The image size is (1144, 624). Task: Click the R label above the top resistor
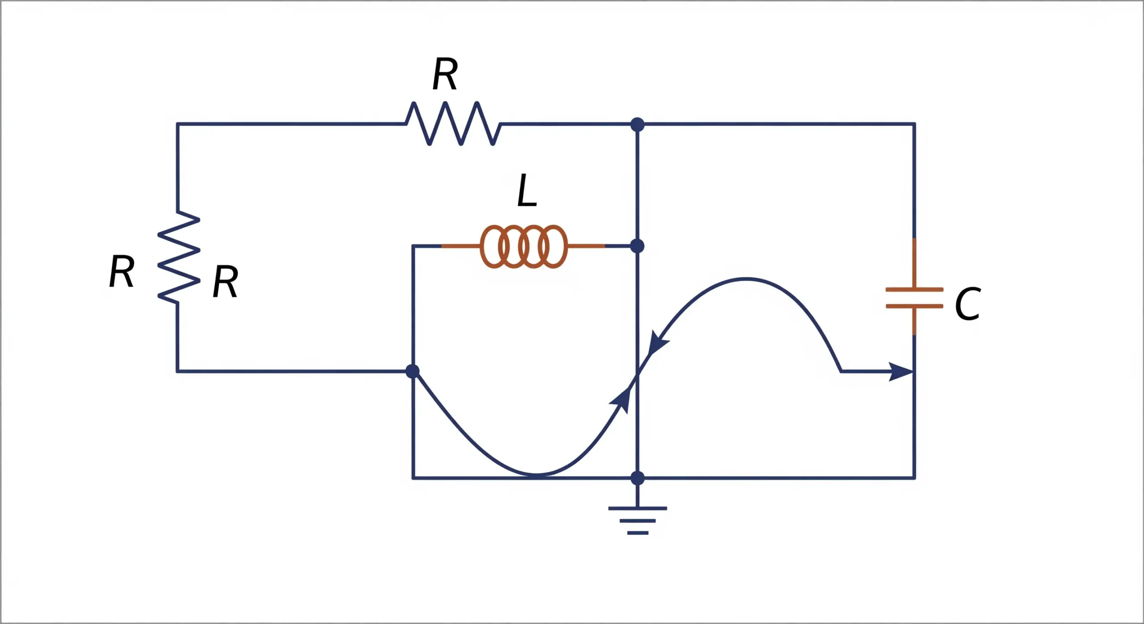(445, 75)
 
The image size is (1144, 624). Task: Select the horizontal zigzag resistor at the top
(453, 124)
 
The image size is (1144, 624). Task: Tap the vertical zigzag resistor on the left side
(178, 257)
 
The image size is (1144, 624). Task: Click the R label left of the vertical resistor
(122, 271)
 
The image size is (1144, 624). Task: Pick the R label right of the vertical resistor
(225, 282)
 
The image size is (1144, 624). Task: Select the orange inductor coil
(524, 246)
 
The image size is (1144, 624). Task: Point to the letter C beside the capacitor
(967, 304)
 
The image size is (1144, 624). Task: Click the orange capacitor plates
(914, 298)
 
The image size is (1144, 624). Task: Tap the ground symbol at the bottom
(638, 520)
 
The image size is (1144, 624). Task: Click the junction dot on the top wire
(637, 124)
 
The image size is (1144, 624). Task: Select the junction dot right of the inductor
(637, 246)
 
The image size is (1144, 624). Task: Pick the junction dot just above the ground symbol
(637, 478)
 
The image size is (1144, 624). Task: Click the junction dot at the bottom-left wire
(412, 371)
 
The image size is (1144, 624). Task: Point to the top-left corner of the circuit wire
(178, 124)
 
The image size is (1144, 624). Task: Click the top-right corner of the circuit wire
(914, 124)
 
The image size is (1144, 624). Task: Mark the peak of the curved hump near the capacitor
(746, 279)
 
